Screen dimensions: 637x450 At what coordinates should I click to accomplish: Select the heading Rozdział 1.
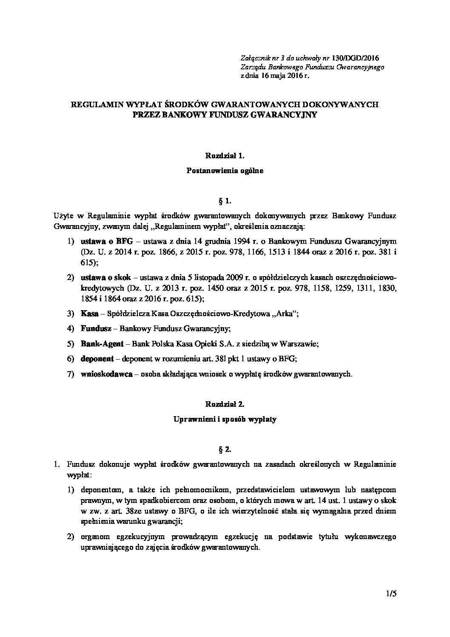pos(225,156)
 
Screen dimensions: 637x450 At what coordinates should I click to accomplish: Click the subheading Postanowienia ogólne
pos(225,171)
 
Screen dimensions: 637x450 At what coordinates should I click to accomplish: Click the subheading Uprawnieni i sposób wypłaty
pos(225,419)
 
